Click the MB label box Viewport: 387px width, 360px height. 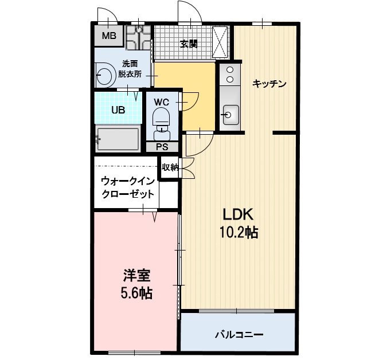click(x=108, y=37)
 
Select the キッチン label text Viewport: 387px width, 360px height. click(x=269, y=83)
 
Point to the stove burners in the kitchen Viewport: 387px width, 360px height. click(x=230, y=76)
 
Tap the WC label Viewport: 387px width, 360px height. click(x=161, y=102)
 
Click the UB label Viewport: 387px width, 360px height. click(x=118, y=109)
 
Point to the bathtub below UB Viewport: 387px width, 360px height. click(x=118, y=138)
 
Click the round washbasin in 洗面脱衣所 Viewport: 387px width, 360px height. click(x=105, y=75)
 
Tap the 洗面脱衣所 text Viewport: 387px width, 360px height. click(x=130, y=68)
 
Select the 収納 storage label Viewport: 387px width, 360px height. click(x=170, y=168)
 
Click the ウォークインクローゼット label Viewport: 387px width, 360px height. click(x=127, y=187)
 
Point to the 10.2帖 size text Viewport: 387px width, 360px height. click(x=238, y=233)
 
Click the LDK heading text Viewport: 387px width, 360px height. click(x=238, y=214)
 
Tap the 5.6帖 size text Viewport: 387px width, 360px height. click(x=136, y=294)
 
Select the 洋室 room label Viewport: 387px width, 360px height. click(x=136, y=275)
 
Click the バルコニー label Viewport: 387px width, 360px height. click(x=239, y=334)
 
